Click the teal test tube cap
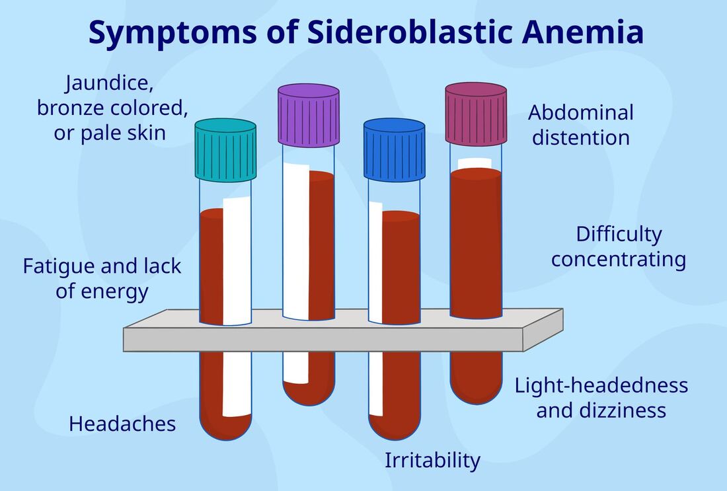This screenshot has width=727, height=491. point(225,150)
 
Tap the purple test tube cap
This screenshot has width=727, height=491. point(309,115)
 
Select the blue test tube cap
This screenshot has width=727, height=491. point(394,150)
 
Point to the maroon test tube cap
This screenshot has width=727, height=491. point(476,114)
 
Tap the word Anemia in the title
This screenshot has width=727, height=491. point(583,32)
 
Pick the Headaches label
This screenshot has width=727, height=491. point(122,424)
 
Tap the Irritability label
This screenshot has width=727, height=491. point(433,461)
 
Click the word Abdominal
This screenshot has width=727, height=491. point(581,112)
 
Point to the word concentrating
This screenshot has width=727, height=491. point(619,260)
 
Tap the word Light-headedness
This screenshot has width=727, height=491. point(601,386)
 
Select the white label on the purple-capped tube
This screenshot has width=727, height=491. point(296,274)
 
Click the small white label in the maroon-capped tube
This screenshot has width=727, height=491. point(475,163)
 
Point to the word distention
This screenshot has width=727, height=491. point(581,137)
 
